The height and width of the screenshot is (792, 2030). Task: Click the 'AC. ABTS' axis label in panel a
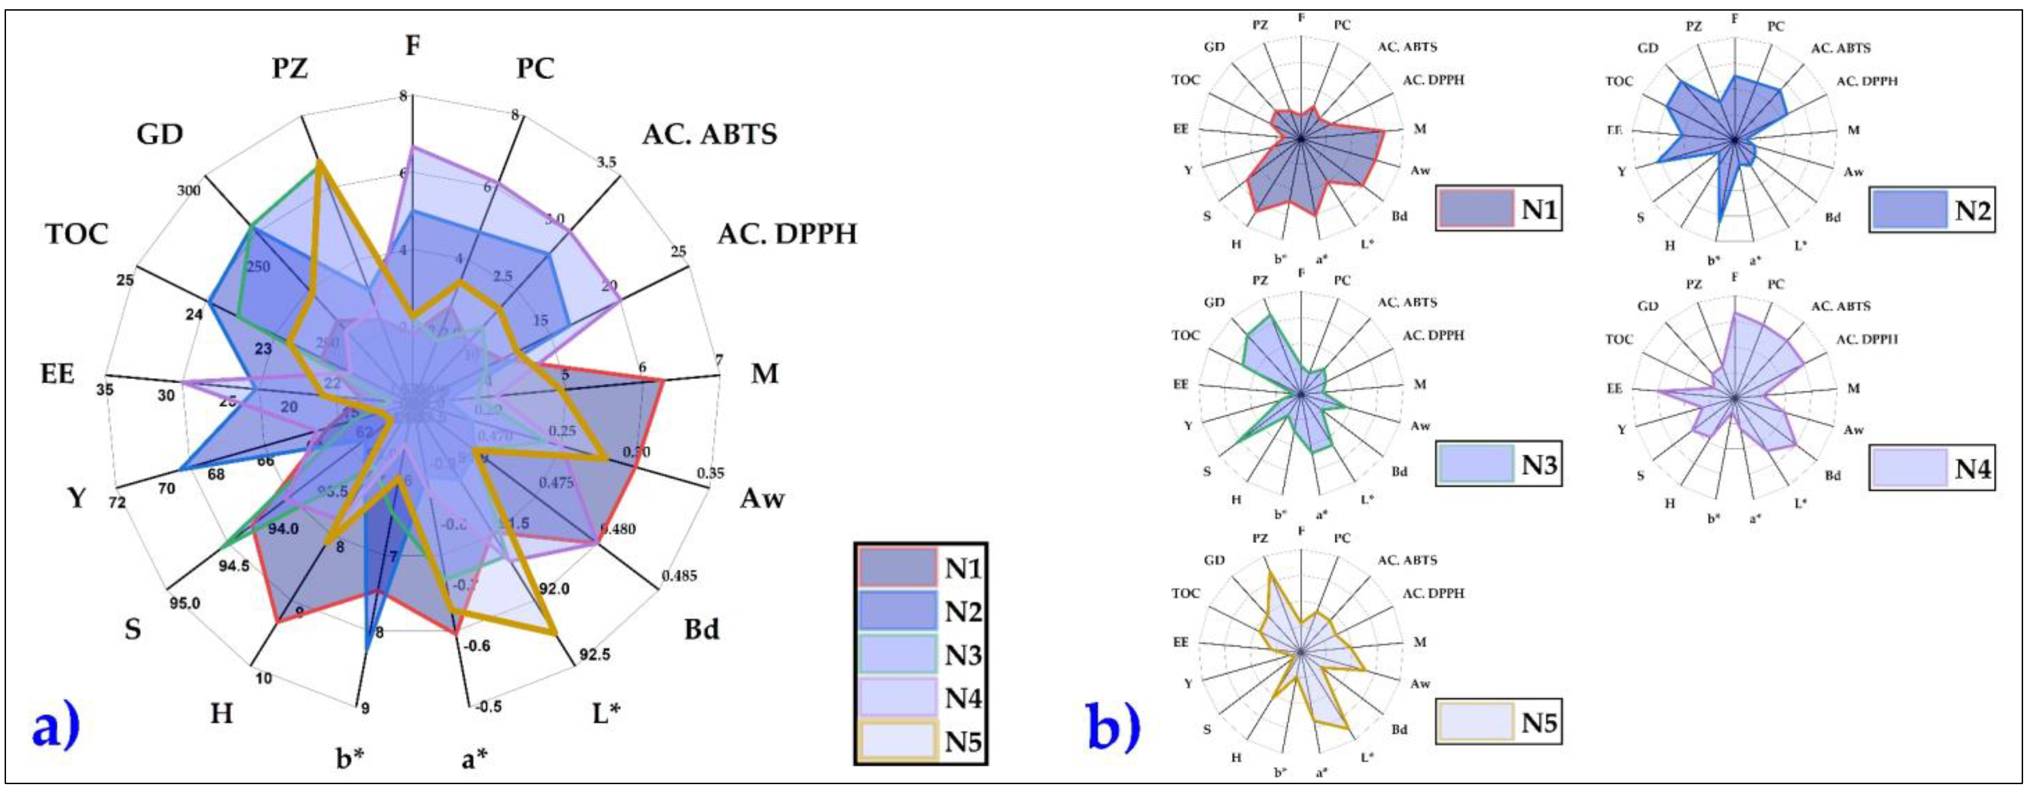709,134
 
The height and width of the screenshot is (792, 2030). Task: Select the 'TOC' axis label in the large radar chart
76,234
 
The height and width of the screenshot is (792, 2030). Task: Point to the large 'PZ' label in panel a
290,69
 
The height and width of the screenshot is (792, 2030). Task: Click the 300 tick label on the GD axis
189,190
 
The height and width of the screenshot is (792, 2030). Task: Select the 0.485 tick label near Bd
679,576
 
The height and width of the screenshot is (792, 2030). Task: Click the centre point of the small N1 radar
1301,140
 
